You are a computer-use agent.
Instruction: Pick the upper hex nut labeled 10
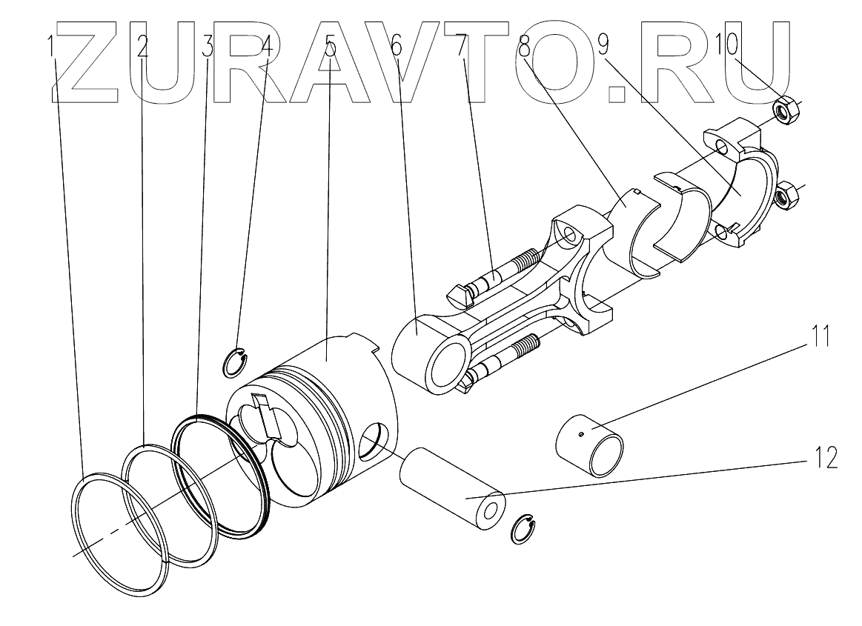click(786, 110)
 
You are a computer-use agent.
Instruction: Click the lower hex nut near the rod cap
click(786, 197)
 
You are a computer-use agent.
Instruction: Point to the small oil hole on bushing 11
click(583, 434)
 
